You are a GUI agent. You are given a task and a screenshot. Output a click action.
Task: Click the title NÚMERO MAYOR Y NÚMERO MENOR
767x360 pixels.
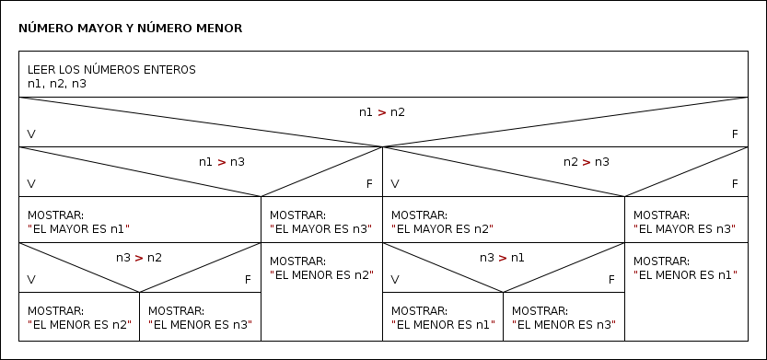pos(130,29)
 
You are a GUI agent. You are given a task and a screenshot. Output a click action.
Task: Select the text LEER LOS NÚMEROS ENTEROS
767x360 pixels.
pos(111,70)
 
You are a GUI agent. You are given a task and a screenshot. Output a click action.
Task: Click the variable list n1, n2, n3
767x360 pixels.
pos(57,84)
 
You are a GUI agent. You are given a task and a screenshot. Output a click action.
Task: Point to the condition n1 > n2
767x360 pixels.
pos(382,112)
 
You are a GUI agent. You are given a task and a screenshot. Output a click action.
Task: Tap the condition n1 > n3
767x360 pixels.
pos(222,162)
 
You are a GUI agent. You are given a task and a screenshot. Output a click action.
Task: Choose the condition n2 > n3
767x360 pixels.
pos(587,162)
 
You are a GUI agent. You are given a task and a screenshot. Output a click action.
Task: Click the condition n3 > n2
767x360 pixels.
pos(139,258)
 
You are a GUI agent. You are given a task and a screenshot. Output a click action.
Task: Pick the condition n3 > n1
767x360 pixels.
pos(502,258)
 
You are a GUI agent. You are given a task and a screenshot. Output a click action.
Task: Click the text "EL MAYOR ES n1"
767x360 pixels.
pos(79,228)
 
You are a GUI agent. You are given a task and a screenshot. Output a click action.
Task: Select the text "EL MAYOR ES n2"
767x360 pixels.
pos(442,228)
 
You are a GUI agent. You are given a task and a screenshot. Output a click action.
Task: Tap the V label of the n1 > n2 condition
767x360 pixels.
pos(32,134)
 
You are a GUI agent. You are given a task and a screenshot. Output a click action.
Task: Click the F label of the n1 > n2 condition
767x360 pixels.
pos(735,134)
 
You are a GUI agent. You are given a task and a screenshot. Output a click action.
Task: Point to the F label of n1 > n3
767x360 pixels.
pos(369,184)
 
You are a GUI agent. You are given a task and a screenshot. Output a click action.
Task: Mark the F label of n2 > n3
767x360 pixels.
pos(735,184)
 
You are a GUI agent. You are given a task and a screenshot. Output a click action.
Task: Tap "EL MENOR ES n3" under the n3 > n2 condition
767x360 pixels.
pos(200,324)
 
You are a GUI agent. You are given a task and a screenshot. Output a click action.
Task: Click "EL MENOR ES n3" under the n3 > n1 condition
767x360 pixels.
pos(564,324)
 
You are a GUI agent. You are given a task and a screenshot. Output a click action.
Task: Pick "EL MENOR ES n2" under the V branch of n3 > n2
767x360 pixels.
pos(79,324)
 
